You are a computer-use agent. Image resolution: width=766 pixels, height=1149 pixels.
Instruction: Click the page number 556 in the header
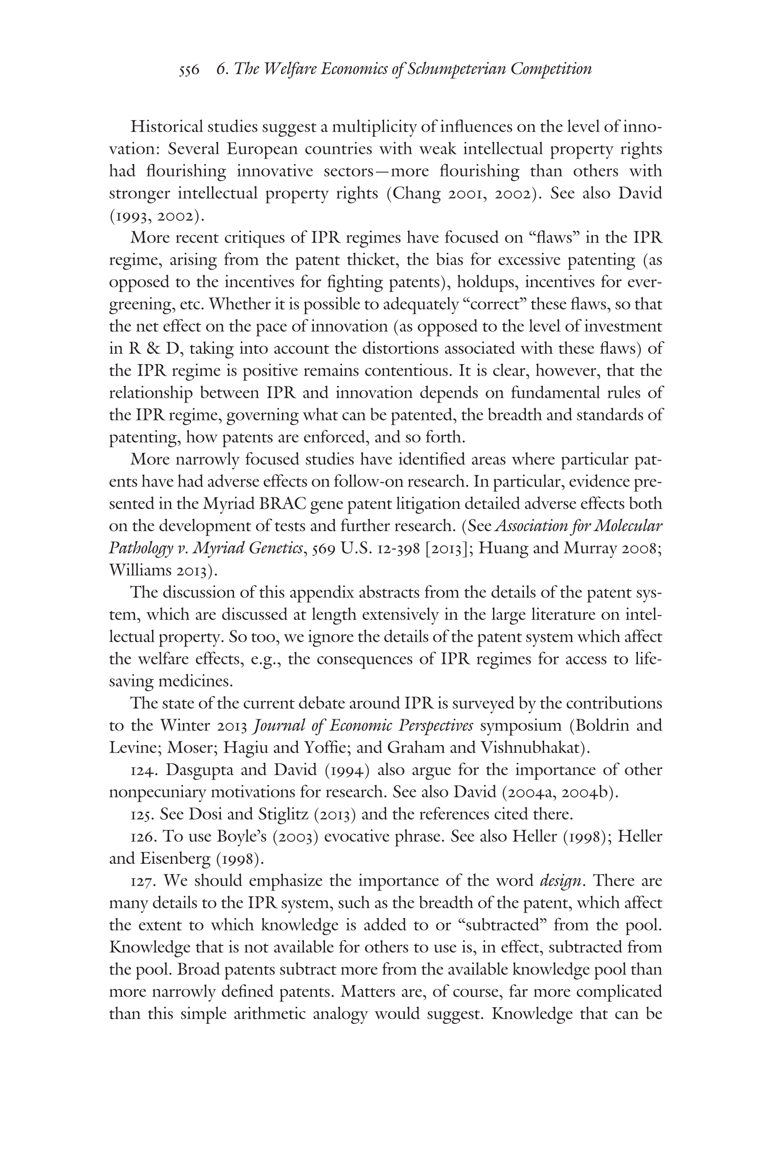(189, 69)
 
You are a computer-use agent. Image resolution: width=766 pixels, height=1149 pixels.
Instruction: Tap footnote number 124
(144, 770)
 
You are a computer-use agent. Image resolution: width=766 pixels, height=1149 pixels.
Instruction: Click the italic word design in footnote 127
(561, 881)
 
